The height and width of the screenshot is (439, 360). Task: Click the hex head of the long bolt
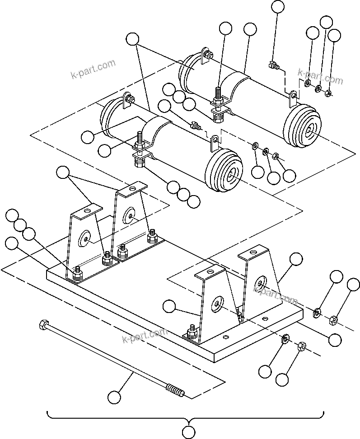point(44,324)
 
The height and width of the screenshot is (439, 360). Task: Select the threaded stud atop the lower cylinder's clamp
point(140,137)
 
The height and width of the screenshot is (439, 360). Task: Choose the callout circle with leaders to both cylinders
point(132,39)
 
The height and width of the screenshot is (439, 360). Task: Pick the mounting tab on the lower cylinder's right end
point(215,141)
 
